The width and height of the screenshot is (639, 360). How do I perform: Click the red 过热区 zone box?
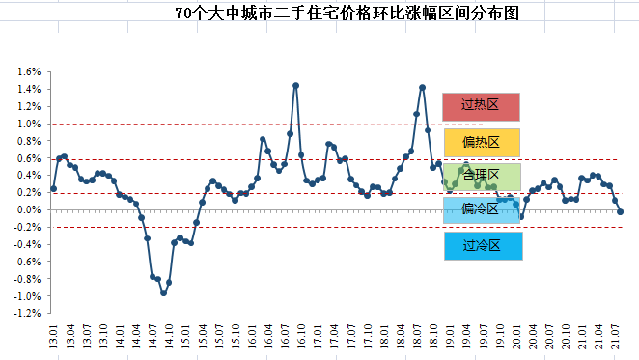pos(481,106)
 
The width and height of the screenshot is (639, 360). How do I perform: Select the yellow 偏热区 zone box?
pos(481,142)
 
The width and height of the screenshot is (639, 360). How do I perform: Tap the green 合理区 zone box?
pos(481,176)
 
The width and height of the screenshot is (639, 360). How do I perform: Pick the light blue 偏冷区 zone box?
pos(481,209)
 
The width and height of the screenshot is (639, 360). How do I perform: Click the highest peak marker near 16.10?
pos(295,85)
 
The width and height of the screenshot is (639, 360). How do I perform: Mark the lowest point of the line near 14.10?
pos(163,292)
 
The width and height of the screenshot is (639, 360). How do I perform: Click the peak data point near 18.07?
pos(422,87)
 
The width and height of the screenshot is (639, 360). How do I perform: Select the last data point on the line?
pos(620,211)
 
